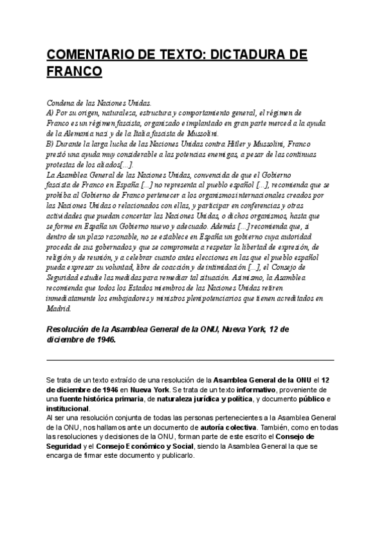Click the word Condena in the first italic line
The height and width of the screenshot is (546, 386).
[x=62, y=102]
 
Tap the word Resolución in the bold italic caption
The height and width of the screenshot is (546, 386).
[x=70, y=329]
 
